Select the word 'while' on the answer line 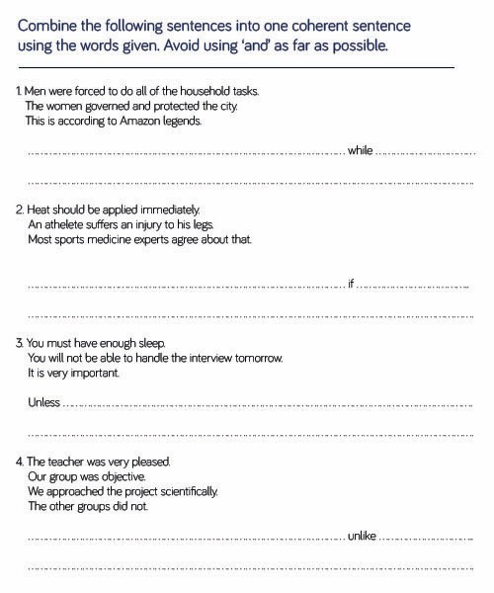pos(361,151)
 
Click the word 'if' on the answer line pos(350,285)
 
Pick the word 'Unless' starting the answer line pos(44,403)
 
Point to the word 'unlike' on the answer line pos(363,536)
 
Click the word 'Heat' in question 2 pos(39,210)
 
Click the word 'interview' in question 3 pos(228,358)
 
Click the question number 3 pos(19,343)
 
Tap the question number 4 pos(19,462)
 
